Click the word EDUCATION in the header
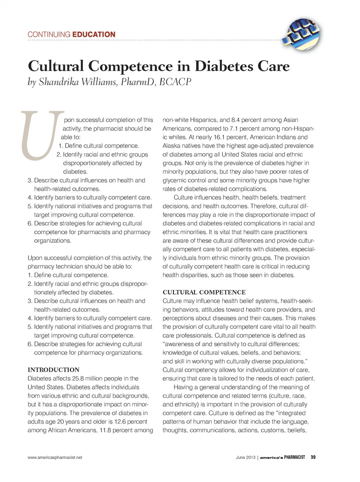(94, 35)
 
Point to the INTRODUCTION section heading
(54, 370)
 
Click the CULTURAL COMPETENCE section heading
(204, 292)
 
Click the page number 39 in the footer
(313, 457)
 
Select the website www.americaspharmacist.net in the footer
(55, 457)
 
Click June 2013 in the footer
(245, 457)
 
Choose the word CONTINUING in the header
(49, 35)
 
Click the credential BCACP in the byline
(175, 82)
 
